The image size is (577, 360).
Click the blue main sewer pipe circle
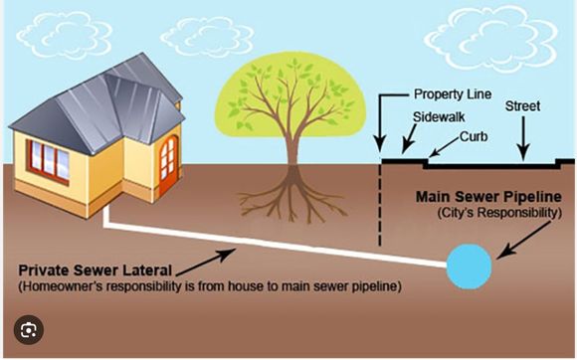468,266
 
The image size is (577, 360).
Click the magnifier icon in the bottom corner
30,332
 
